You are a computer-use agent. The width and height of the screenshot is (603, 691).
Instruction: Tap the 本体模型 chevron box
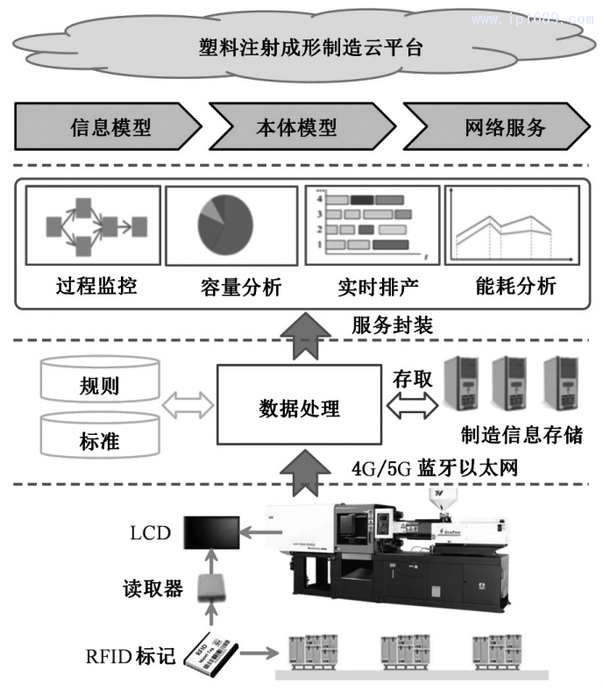click(296, 127)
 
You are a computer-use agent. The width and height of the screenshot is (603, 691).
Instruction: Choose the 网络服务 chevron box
click(496, 127)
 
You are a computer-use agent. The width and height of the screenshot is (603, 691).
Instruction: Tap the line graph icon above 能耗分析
click(508, 224)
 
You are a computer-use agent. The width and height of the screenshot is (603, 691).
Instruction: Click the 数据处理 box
click(300, 407)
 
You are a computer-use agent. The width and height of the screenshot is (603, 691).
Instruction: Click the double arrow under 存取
click(410, 406)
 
